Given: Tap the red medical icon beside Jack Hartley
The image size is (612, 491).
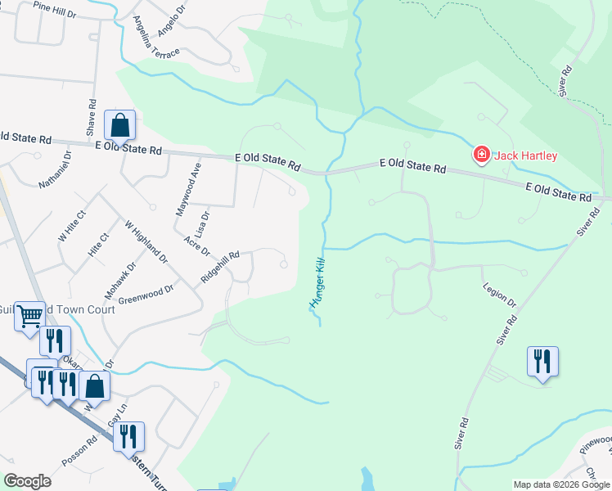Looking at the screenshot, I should click(481, 154).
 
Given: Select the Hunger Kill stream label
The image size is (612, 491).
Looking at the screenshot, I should click(319, 282).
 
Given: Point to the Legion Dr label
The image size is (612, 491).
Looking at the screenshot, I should click(500, 295).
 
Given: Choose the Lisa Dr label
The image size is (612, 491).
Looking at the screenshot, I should click(203, 223).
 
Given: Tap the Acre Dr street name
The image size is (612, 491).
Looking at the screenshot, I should click(197, 245).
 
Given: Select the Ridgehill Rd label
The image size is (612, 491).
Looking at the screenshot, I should click(219, 267).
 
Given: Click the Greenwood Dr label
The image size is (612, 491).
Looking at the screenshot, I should click(146, 294).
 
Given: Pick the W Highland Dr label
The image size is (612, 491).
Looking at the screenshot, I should click(146, 241).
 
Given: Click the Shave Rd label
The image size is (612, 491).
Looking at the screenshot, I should click(91, 119).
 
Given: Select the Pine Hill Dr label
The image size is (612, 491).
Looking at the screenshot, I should click(54, 9).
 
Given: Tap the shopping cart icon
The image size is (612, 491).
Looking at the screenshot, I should click(29, 315).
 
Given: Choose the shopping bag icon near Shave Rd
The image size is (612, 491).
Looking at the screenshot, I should click(119, 125).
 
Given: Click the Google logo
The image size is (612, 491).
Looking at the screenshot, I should click(28, 480).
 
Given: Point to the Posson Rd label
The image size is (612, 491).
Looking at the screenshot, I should click(81, 449).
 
